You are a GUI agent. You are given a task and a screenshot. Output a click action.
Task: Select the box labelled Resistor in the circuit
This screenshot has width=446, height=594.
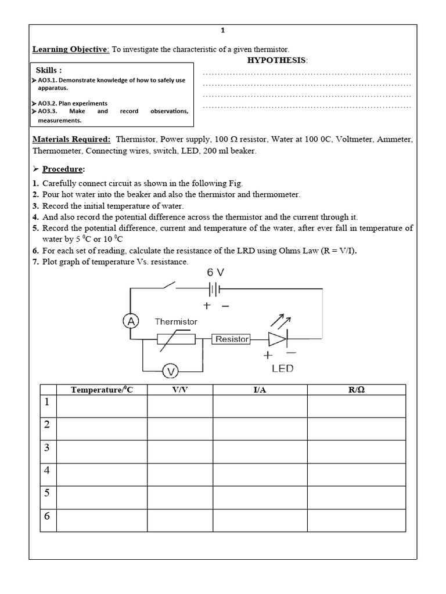(x=232, y=339)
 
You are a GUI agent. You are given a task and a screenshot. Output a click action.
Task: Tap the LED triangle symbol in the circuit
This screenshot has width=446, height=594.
(x=277, y=338)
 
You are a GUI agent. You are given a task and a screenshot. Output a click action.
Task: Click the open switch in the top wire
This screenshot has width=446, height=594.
(x=168, y=286)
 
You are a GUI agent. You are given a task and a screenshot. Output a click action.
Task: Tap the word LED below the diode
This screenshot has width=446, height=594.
(x=282, y=368)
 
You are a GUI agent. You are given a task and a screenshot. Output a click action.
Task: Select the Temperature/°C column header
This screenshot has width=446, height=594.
(x=102, y=390)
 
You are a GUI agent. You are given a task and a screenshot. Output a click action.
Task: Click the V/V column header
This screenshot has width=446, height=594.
(x=180, y=390)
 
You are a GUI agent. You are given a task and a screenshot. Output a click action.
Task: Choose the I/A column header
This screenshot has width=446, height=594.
(x=260, y=390)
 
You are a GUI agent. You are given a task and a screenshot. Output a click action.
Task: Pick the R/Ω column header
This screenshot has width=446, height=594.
(x=357, y=390)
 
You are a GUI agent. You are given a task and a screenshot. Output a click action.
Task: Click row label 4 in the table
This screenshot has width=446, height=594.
(x=48, y=470)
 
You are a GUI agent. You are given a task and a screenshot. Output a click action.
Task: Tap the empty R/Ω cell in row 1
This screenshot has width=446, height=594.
(x=357, y=406)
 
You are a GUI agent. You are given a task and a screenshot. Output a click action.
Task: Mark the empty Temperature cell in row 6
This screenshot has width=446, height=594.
(x=102, y=520)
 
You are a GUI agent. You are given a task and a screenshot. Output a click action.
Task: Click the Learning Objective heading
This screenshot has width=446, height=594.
(x=70, y=49)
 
